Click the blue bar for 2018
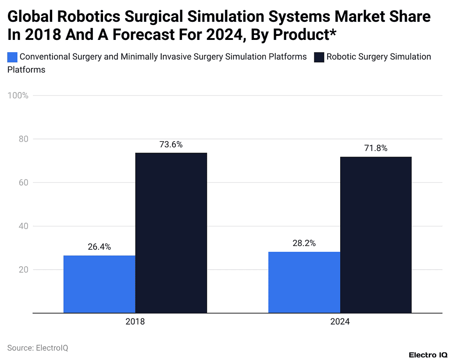(99, 284)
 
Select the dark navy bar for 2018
(171, 233)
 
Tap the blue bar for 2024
(304, 282)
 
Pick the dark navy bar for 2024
(376, 235)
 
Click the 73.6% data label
(171, 144)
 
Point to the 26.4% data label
(99, 247)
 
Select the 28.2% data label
(304, 243)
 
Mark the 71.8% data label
(376, 148)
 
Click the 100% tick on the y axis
(18, 96)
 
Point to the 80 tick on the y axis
(22, 139)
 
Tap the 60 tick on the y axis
(22, 182)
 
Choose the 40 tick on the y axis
(22, 226)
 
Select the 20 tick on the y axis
(22, 270)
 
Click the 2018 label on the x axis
(135, 321)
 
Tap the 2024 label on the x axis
(340, 321)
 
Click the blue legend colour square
(12, 57)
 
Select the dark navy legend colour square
(319, 57)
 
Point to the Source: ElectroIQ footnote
(38, 348)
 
